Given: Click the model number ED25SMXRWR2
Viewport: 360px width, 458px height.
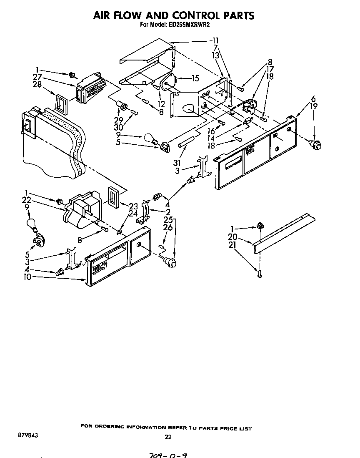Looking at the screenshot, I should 191,25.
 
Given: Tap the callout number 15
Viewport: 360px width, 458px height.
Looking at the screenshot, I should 195,78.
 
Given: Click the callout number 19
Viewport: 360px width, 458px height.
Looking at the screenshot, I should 313,106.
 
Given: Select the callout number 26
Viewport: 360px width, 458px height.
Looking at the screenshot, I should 167,227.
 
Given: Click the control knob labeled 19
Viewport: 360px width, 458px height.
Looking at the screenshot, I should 317,145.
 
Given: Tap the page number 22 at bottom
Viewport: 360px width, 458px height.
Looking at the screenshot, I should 167,437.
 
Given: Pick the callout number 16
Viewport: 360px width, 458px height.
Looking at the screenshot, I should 211,131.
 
